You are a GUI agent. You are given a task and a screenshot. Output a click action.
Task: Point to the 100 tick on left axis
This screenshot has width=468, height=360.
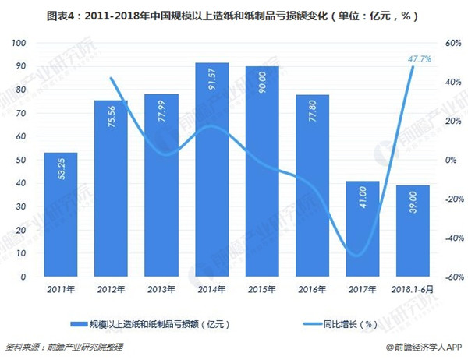(x=18, y=43)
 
